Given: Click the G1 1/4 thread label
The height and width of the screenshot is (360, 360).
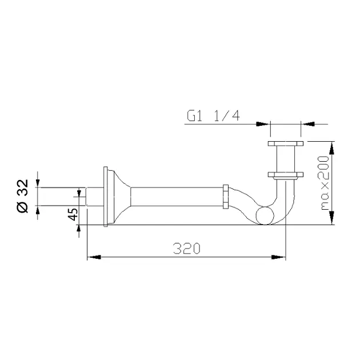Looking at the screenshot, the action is pos(213,116).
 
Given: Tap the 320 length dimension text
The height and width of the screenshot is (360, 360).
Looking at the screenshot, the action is pos(187,248).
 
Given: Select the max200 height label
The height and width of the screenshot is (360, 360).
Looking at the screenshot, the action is pos(323,183).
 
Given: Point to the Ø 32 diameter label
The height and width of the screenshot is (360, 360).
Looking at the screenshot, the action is pos(23,196).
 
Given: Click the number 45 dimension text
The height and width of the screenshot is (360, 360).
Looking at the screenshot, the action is pos(73,214).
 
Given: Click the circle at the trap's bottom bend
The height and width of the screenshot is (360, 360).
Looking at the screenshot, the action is pos(265,215).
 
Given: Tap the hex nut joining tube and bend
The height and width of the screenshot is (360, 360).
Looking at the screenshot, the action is pos(226,197).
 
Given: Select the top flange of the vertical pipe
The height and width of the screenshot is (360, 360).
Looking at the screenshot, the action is pos(286,144).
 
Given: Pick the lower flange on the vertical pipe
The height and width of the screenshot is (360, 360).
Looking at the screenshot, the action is pos(286,175).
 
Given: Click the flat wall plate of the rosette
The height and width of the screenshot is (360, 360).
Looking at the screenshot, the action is pos(105,197).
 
